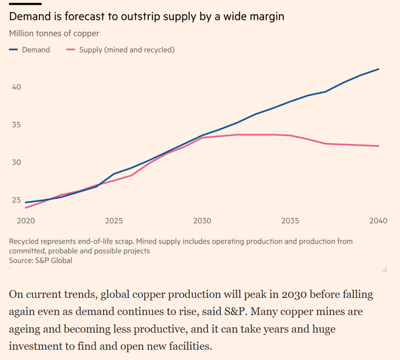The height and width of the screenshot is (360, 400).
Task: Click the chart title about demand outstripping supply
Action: (146, 17)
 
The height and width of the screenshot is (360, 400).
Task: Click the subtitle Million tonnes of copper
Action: (54, 34)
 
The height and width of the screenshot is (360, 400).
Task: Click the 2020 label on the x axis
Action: (26, 221)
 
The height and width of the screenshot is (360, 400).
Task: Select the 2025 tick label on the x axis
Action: (114, 221)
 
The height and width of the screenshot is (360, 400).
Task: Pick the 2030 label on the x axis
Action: (202, 221)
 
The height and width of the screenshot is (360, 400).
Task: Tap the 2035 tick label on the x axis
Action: (290, 221)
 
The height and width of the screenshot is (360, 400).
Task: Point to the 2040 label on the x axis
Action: (378, 221)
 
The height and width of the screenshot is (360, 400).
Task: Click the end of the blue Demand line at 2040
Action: (379, 69)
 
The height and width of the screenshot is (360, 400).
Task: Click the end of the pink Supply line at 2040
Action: (379, 146)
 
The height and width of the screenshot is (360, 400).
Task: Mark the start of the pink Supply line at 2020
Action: (26, 208)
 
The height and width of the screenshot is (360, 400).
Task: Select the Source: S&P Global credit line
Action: (40, 260)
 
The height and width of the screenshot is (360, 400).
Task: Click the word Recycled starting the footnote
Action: (24, 241)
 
